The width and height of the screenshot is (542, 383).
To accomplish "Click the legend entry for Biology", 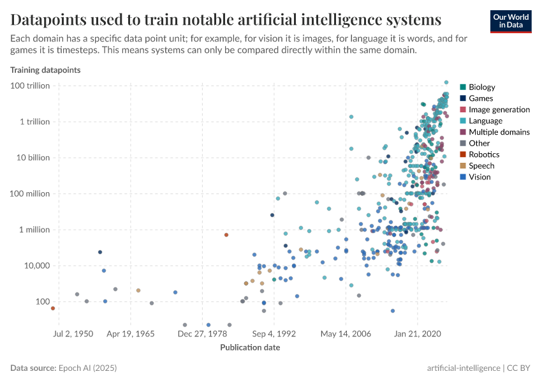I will click(481, 87).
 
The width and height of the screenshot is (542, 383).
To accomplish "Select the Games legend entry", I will click(480, 98).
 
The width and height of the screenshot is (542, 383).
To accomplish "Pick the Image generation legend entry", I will click(499, 110).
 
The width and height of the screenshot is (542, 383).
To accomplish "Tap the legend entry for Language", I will click(485, 121).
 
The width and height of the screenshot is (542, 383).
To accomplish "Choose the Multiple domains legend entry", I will click(499, 132).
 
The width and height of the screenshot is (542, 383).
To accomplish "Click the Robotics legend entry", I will click(483, 154).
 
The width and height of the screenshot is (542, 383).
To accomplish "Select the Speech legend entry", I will click(481, 166).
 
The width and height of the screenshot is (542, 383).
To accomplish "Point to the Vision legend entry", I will click(480, 177).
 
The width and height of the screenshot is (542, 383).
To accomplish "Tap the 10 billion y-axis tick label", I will click(33, 158).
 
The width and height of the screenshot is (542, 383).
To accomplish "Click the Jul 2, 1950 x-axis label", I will click(73, 334).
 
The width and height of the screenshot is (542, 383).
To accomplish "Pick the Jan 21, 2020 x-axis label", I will click(418, 334).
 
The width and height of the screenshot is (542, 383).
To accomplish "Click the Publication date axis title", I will click(250, 348).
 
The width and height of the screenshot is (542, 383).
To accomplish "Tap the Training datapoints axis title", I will click(45, 69).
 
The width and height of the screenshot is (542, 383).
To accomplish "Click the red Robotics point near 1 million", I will click(226, 235).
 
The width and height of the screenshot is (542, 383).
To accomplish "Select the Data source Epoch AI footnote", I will click(64, 368).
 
